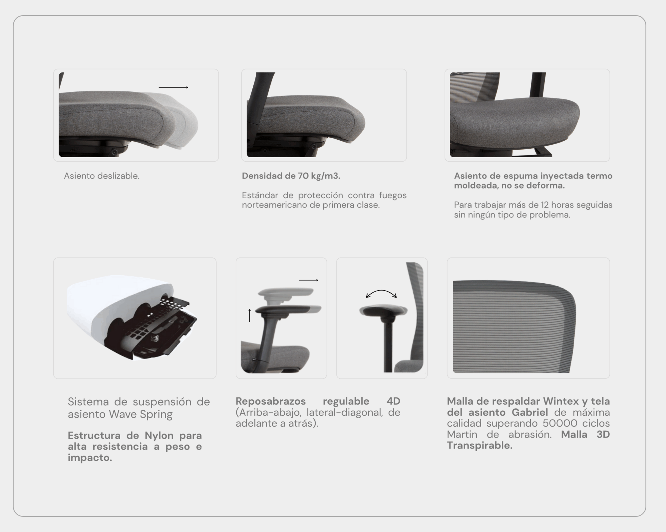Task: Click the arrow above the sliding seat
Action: tap(173, 87)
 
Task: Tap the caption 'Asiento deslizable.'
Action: tap(102, 176)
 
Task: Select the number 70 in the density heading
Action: tap(303, 176)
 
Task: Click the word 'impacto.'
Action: tap(90, 458)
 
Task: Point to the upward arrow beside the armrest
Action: tap(250, 315)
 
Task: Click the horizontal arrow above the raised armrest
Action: tap(309, 280)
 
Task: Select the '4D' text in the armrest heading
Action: tap(393, 401)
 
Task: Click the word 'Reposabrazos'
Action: tap(271, 402)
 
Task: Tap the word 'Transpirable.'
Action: tap(480, 446)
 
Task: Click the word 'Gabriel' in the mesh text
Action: tap(530, 412)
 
